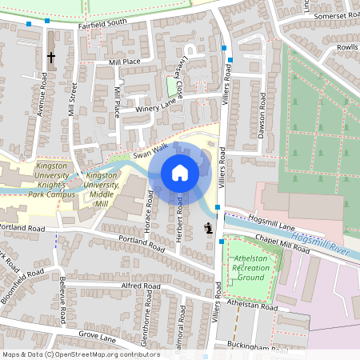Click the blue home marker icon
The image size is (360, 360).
tap(180, 173)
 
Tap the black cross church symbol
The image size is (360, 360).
tap(51, 58)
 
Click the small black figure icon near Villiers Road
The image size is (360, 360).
tap(209, 228)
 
